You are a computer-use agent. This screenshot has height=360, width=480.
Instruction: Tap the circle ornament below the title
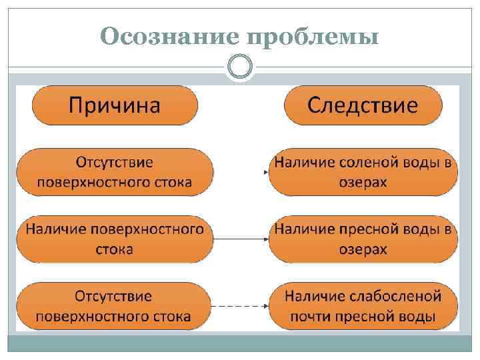click(239, 67)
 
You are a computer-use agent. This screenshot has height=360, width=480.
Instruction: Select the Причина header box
click(115, 105)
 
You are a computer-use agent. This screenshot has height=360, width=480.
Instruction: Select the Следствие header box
click(363, 105)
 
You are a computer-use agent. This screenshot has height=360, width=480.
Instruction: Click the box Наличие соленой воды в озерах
click(364, 172)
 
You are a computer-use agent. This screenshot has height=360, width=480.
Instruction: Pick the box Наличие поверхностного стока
click(115, 239)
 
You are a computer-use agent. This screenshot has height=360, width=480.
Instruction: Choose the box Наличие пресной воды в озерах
click(364, 239)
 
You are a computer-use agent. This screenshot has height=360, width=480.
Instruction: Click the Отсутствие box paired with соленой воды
click(115, 172)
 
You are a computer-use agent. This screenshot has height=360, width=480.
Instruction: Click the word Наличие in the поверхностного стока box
click(56, 229)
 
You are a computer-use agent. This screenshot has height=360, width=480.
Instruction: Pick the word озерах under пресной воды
click(364, 250)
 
